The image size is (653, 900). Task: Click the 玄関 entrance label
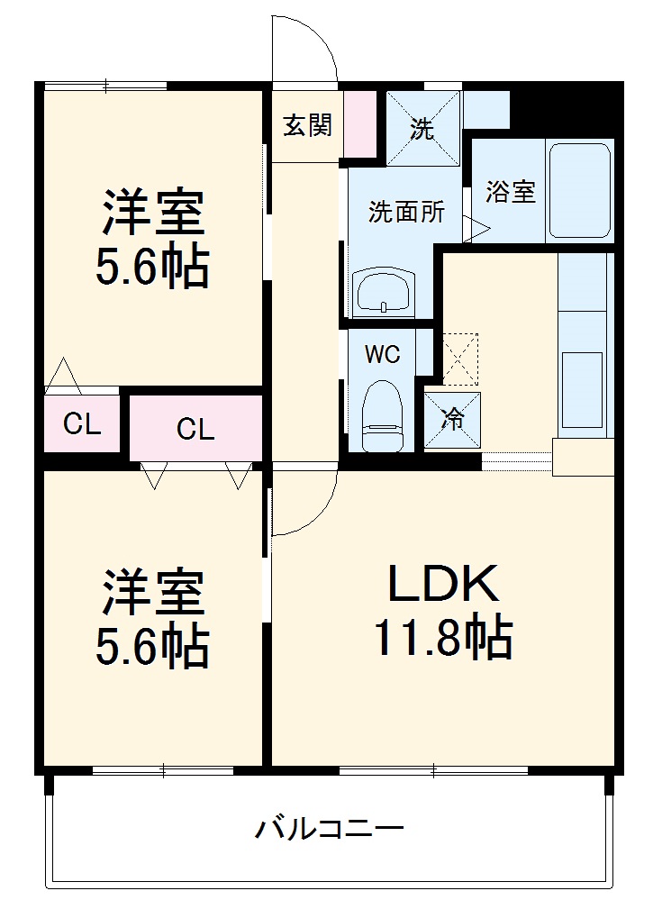coord(308,125)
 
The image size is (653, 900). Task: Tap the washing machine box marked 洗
coord(422,129)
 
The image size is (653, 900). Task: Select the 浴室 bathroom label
coord(511,191)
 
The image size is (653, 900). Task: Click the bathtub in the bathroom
coord(579,191)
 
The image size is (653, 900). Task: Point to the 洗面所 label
coord(406,214)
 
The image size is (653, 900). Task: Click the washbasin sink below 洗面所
coord(384,292)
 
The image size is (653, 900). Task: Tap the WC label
coord(382,354)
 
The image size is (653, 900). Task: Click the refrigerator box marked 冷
coord(452,420)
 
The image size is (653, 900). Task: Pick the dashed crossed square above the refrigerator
coord(460,359)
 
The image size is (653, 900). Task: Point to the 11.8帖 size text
coord(442,639)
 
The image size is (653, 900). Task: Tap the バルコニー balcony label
coord(328,828)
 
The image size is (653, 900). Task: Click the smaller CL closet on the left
coord(81,423)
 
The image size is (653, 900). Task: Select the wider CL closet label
coord(195,430)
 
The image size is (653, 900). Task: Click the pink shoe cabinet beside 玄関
coord(361,125)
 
